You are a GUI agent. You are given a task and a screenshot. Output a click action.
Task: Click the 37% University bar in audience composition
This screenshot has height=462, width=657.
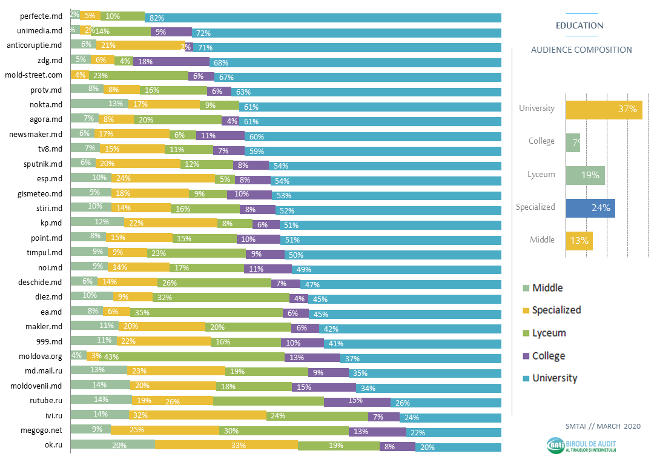[604, 109]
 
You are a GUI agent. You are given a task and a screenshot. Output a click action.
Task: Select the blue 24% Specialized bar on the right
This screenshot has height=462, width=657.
[590, 207]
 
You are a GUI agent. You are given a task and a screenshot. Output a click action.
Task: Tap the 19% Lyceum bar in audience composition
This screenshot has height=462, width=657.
[585, 175]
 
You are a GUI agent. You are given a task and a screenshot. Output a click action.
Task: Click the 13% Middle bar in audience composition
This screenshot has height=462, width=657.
[579, 240]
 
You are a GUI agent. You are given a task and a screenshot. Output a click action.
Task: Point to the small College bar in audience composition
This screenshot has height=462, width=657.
[573, 142]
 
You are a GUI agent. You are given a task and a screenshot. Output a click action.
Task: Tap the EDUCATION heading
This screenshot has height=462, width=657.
[579, 25]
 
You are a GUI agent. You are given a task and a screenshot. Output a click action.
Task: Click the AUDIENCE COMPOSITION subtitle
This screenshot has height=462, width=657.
[581, 50]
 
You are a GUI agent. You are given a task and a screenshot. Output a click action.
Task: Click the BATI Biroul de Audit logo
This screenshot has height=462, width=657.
[582, 446]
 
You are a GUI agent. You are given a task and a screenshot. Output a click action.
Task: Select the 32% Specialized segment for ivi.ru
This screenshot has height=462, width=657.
[197, 416]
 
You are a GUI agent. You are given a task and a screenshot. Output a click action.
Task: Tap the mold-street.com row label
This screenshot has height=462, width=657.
[34, 75]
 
